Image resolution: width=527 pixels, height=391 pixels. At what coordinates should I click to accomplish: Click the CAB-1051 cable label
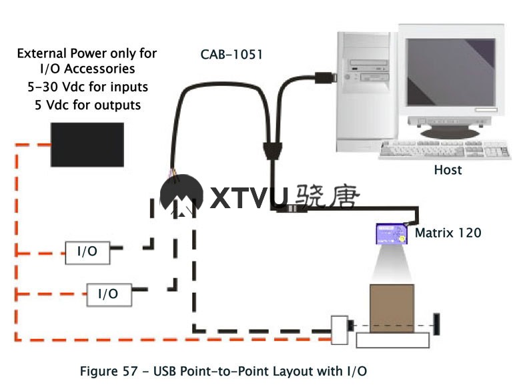pyautogui.click(x=231, y=54)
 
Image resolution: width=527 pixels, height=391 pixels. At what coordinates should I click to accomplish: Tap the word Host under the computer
pyautogui.click(x=448, y=169)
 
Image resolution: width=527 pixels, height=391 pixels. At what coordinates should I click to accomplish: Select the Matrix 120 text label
pyautogui.click(x=448, y=233)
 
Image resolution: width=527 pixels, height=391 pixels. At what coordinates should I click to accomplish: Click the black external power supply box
pyautogui.click(x=87, y=144)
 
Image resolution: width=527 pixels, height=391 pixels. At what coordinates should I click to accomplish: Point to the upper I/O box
pyautogui.click(x=87, y=251)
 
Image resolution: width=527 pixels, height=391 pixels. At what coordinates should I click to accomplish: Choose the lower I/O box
pyautogui.click(x=108, y=293)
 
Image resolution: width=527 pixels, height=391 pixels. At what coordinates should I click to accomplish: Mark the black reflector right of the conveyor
pyautogui.click(x=436, y=324)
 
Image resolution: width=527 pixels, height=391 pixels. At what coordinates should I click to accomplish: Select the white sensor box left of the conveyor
pyautogui.click(x=340, y=329)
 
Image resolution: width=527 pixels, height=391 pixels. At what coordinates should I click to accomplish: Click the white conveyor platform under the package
pyautogui.click(x=392, y=339)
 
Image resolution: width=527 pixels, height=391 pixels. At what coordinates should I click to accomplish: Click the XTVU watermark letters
pyautogui.click(x=249, y=198)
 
